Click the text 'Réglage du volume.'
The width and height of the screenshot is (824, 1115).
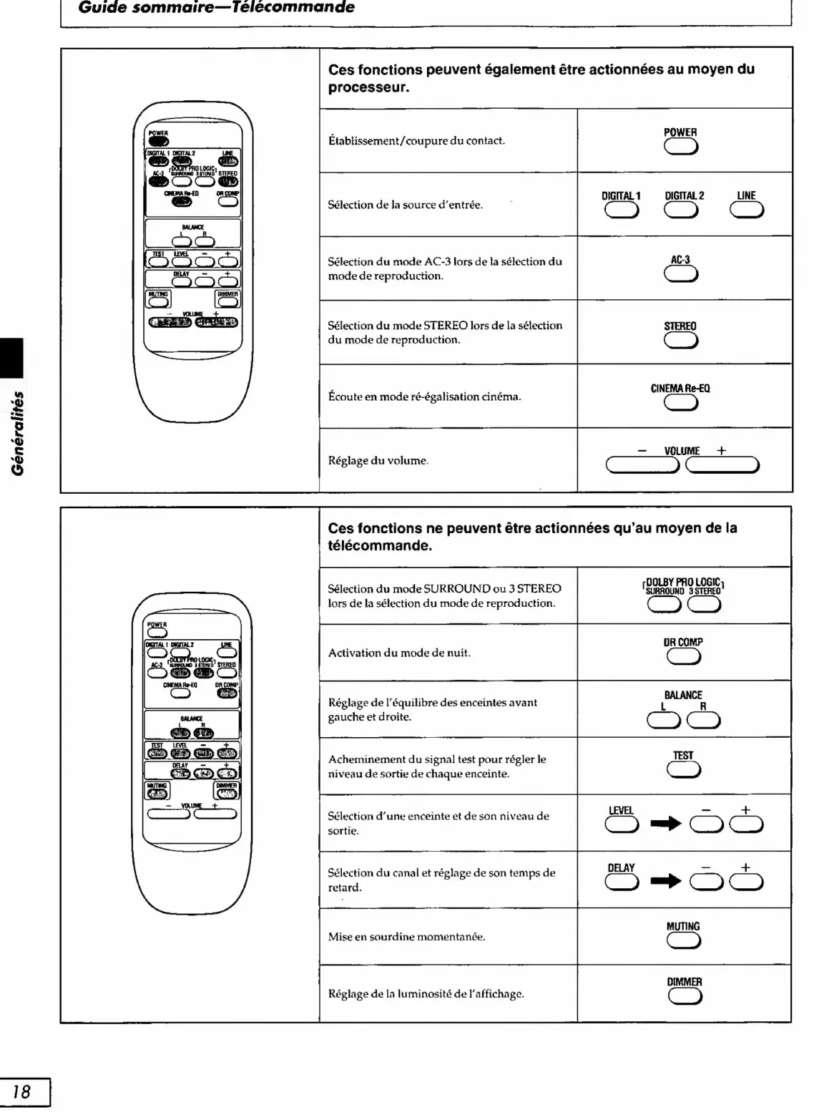pos(378,461)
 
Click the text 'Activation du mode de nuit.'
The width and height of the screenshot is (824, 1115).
pos(399,653)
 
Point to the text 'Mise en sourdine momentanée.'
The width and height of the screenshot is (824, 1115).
pos(406,937)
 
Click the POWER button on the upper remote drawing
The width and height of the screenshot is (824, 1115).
pos(159,141)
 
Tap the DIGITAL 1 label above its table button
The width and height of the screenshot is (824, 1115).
pos(621,195)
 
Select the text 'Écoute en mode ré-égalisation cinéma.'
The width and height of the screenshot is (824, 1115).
pos(424,396)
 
